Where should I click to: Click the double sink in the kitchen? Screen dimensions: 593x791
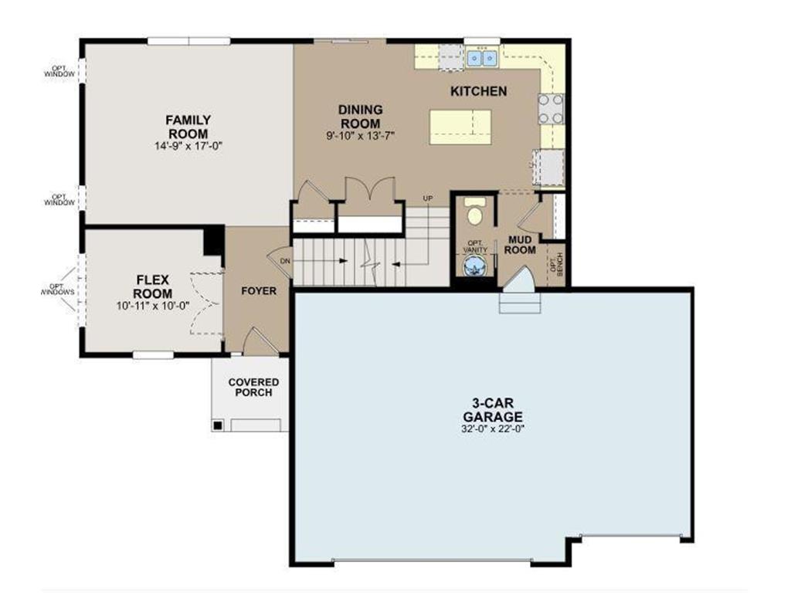[481, 57]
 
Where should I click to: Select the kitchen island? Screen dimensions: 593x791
[460, 127]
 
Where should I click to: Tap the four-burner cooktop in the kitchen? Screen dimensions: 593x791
[552, 108]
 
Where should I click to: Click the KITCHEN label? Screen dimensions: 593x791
[479, 91]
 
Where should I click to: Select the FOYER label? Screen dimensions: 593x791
[258, 291]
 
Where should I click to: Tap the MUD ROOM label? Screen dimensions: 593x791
[520, 245]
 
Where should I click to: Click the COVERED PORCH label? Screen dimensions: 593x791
[253, 388]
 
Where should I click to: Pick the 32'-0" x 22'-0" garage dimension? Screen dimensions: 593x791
[493, 428]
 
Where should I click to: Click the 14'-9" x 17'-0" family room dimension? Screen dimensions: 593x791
[188, 145]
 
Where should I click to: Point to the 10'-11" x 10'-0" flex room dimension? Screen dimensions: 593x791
[151, 306]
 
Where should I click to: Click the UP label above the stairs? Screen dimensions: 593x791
[427, 198]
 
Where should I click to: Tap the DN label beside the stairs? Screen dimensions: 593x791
[285, 261]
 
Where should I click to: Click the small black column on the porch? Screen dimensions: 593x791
[219, 425]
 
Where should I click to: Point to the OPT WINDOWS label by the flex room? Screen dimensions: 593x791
[57, 290]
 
